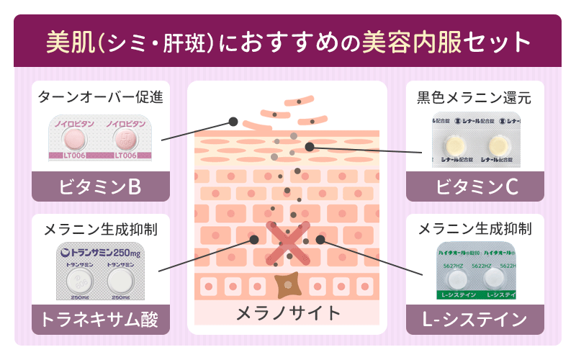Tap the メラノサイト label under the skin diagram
tap(287, 312)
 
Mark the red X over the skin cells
tap(287, 241)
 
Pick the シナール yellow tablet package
tap(474, 138)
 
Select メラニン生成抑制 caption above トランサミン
tap(101, 230)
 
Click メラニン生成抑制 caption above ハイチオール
tap(474, 230)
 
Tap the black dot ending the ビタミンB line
tap(233, 121)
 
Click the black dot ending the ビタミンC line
tap(309, 147)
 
